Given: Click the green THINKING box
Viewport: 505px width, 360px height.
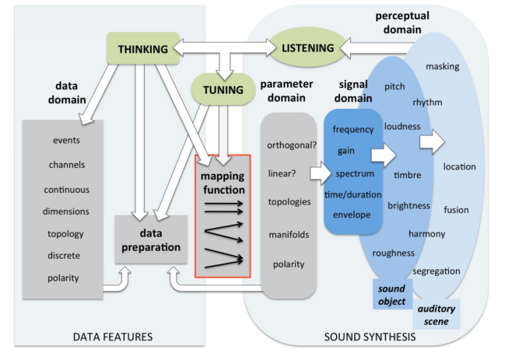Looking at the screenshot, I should (143, 50).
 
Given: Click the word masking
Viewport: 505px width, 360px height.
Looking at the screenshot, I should (443, 67).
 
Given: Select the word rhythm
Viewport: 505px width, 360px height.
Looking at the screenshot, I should (429, 102).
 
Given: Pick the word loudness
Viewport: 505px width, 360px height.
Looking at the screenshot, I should (402, 126).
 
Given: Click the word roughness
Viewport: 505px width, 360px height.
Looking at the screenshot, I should (394, 253).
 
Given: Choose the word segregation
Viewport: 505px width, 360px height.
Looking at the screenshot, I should (437, 271).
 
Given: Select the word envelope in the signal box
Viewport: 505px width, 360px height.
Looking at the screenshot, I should (352, 214).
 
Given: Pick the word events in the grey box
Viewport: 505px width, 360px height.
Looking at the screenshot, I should (66, 141).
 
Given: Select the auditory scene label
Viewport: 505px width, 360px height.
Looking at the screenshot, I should (437, 314).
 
